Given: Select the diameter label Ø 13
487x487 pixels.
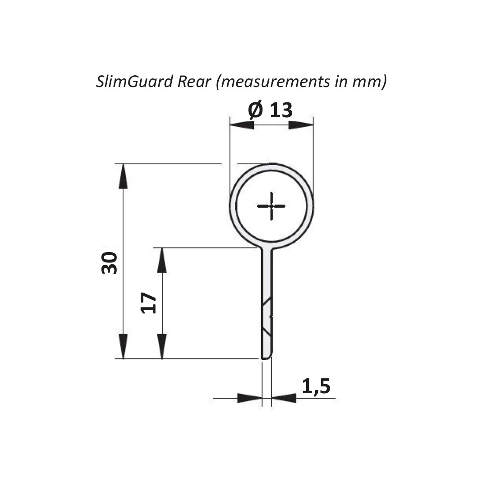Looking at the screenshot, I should [x=270, y=110].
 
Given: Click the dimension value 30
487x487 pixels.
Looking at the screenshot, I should [x=110, y=262].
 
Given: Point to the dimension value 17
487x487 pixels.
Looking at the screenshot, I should [x=149, y=303].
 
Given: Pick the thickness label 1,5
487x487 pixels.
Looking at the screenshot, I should [x=316, y=386].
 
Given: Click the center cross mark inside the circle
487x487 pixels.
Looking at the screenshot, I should [x=271, y=206].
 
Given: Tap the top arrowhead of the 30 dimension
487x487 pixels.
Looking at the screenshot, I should [x=123, y=176].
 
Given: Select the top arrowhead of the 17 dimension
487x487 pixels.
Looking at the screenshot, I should [x=162, y=260].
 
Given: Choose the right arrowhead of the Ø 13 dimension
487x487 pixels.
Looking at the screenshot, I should [x=301, y=125].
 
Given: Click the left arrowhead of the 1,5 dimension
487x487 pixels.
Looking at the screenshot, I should [x=249, y=398].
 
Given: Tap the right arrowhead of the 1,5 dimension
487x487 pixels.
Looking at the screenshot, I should [x=284, y=398].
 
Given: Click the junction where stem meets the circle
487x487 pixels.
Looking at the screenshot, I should [x=267, y=248].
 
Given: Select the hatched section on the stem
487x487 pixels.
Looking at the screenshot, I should [x=267, y=318].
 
